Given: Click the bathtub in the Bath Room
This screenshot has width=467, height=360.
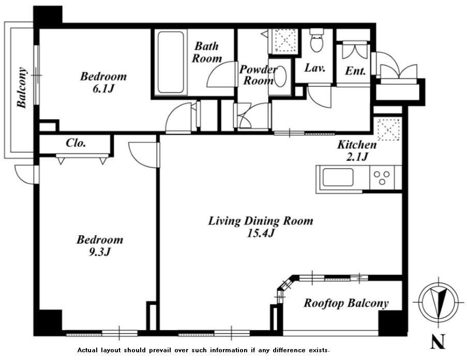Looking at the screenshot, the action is click(x=170, y=63).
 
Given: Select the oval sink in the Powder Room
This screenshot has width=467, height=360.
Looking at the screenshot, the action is click(x=280, y=76).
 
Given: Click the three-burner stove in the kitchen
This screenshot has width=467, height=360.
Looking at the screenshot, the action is click(x=382, y=177).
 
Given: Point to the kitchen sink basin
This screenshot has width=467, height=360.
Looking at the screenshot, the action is click(x=338, y=177).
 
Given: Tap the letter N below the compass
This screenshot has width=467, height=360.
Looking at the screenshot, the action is click(x=438, y=341).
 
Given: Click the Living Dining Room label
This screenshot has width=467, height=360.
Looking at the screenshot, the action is click(x=261, y=221).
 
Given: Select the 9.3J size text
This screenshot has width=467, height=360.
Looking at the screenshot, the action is click(x=100, y=252).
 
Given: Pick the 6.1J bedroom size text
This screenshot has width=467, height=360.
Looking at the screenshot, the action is click(x=103, y=88).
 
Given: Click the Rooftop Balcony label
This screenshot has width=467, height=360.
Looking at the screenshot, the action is click(x=346, y=303).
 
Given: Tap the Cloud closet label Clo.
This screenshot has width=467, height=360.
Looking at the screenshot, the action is click(x=76, y=143).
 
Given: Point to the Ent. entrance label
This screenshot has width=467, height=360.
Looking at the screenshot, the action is click(x=355, y=71).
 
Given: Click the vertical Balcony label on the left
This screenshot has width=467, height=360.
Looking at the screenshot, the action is click(x=22, y=87).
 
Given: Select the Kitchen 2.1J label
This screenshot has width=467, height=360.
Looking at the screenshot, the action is click(x=357, y=151).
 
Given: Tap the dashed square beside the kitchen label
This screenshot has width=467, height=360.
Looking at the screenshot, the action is click(x=388, y=129).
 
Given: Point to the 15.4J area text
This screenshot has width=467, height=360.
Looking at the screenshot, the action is click(x=261, y=233).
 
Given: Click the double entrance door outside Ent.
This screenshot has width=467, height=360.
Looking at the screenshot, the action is click(x=398, y=71).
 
